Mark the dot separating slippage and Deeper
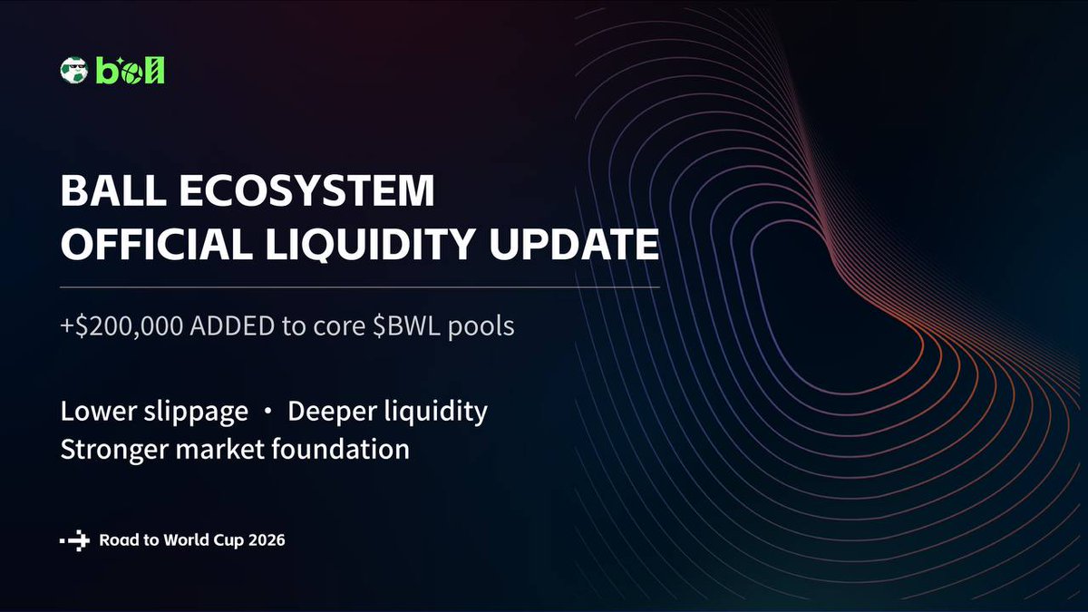point(267,413)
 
